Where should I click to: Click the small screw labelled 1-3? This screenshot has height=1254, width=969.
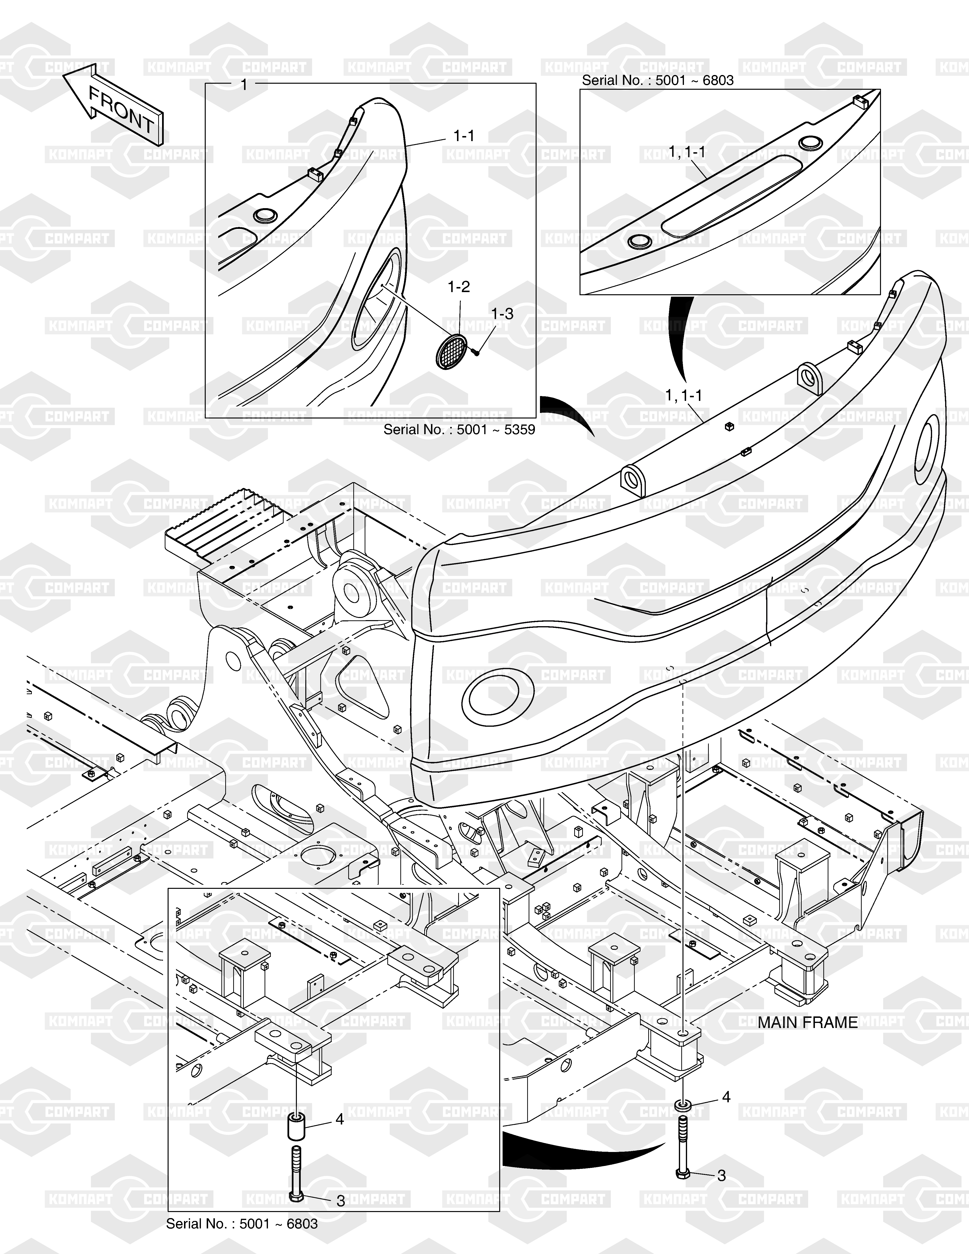tap(476, 351)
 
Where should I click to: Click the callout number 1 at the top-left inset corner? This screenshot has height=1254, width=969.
tap(243, 84)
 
